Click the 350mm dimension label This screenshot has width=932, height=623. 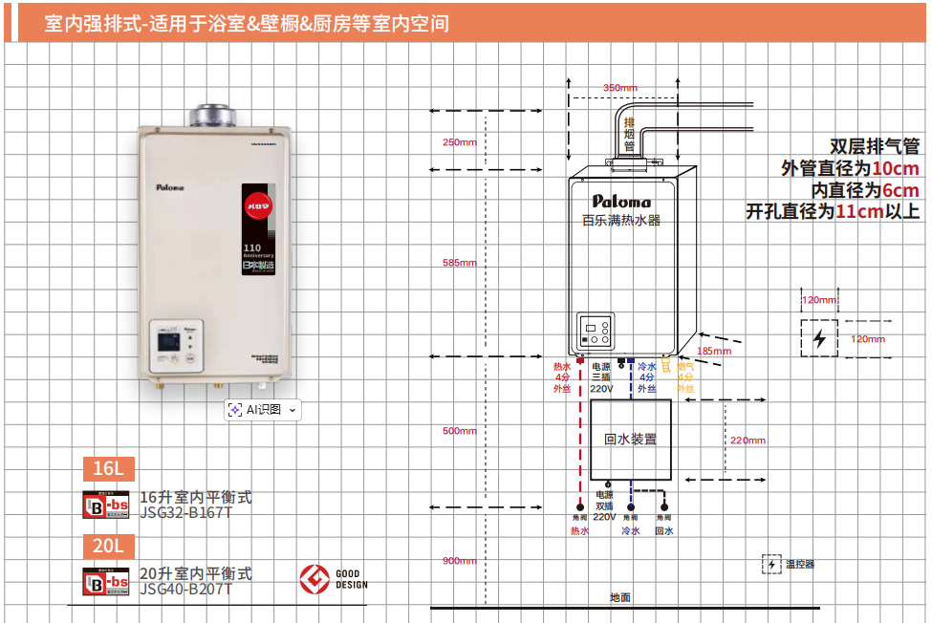pyautogui.click(x=619, y=88)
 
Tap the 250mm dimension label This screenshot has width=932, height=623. pyautogui.click(x=459, y=142)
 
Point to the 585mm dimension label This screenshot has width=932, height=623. pyautogui.click(x=459, y=263)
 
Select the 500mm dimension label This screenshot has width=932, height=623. pyautogui.click(x=459, y=431)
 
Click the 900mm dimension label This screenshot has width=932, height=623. pyautogui.click(x=459, y=560)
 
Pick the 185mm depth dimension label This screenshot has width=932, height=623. pyautogui.click(x=713, y=351)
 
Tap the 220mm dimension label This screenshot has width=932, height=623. pyautogui.click(x=748, y=440)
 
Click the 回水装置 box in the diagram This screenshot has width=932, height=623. pyautogui.click(x=631, y=440)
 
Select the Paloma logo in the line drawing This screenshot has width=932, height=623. pyautogui.click(x=621, y=202)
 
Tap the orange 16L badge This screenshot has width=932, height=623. pyautogui.click(x=108, y=468)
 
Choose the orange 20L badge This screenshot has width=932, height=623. pyautogui.click(x=108, y=546)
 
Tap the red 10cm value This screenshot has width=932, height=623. pyautogui.click(x=896, y=168)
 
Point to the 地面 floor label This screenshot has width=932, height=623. pyautogui.click(x=620, y=597)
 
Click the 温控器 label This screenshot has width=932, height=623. pyautogui.click(x=800, y=564)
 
